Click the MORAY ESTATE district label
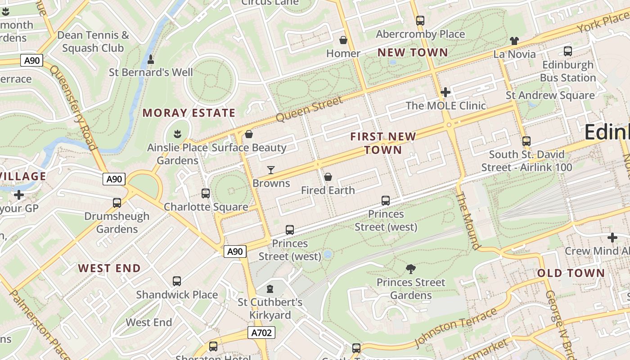189,112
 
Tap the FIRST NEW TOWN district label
383,143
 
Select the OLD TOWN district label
571,273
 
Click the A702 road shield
261,333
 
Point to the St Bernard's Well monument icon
151,59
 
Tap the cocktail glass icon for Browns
271,170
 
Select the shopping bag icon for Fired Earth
328,177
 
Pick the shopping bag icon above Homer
343,40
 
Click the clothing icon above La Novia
514,41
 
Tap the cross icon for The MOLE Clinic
445,92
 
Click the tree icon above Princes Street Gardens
410,269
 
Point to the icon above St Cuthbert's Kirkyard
270,288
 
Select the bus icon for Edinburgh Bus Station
568,51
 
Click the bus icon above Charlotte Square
206,193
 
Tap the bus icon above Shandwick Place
177,281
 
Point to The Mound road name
468,220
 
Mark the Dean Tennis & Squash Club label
93,41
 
